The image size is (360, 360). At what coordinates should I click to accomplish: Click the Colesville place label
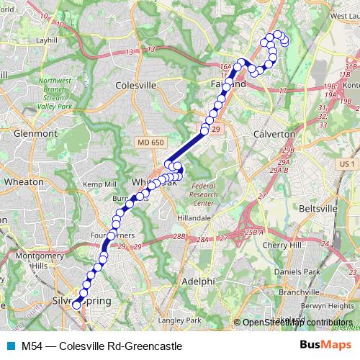pyautogui.click(x=136, y=84)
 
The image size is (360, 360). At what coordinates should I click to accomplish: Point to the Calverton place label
pyautogui.click(x=274, y=134)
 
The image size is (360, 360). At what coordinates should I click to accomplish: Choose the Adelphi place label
pyautogui.click(x=198, y=280)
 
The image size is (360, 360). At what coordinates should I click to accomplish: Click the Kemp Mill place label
pyautogui.click(x=99, y=185)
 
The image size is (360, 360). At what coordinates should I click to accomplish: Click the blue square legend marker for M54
pyautogui.click(x=8, y=346)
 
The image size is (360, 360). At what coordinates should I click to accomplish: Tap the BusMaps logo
pyautogui.click(x=325, y=346)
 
